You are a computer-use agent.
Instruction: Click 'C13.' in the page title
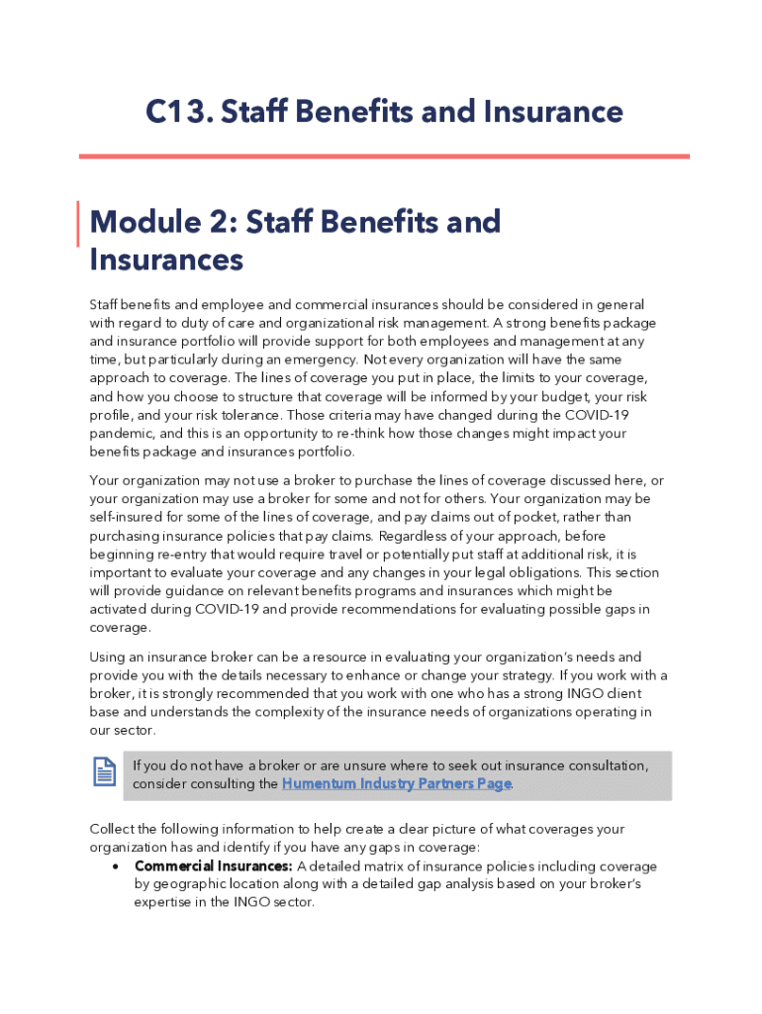click(178, 112)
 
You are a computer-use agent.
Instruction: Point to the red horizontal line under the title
click(384, 155)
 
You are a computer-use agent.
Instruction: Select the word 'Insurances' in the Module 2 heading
click(166, 259)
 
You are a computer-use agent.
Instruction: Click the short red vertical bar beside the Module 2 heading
click(79, 223)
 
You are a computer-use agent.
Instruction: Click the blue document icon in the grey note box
click(104, 772)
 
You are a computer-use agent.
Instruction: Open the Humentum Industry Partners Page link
click(397, 783)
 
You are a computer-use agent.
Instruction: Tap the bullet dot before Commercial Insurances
click(116, 866)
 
